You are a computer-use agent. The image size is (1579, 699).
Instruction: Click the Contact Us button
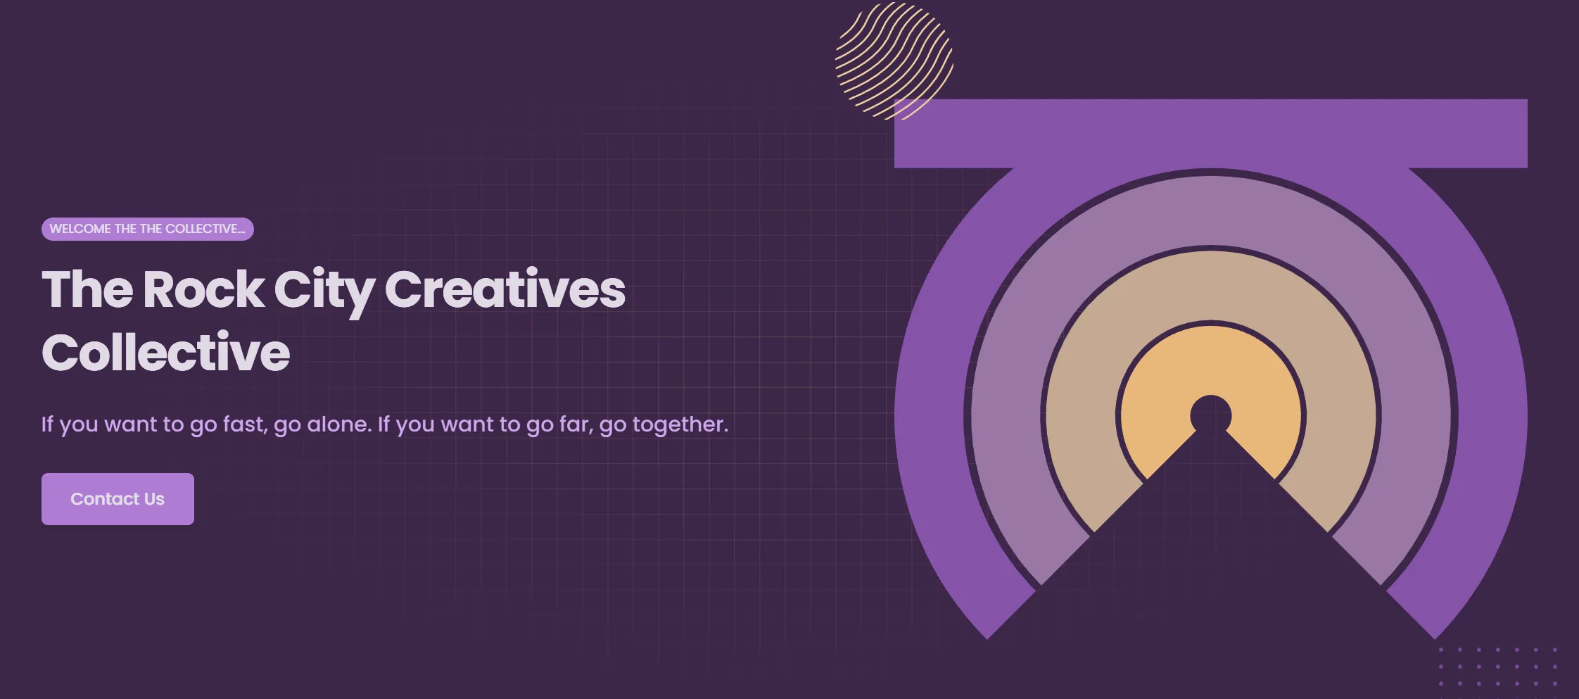click(x=118, y=498)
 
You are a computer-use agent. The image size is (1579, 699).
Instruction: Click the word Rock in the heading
click(x=203, y=290)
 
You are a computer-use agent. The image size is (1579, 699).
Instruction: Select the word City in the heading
click(x=324, y=290)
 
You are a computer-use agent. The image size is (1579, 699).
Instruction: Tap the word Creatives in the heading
click(x=505, y=290)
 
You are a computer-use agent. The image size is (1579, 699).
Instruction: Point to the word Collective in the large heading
click(x=165, y=353)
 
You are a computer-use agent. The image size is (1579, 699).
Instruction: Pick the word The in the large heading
click(x=87, y=290)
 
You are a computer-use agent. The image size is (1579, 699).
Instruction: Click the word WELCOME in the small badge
click(x=80, y=229)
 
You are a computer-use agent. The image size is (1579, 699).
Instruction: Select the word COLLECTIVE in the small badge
click(x=203, y=229)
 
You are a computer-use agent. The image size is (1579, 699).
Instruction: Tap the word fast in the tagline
click(x=244, y=424)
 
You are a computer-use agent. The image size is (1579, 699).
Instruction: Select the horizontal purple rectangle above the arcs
click(x=1210, y=133)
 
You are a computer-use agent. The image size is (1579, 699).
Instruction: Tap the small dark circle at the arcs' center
click(x=1210, y=415)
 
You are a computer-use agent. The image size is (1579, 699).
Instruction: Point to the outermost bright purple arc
click(x=929, y=422)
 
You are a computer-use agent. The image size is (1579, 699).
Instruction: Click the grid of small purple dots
click(x=1497, y=666)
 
